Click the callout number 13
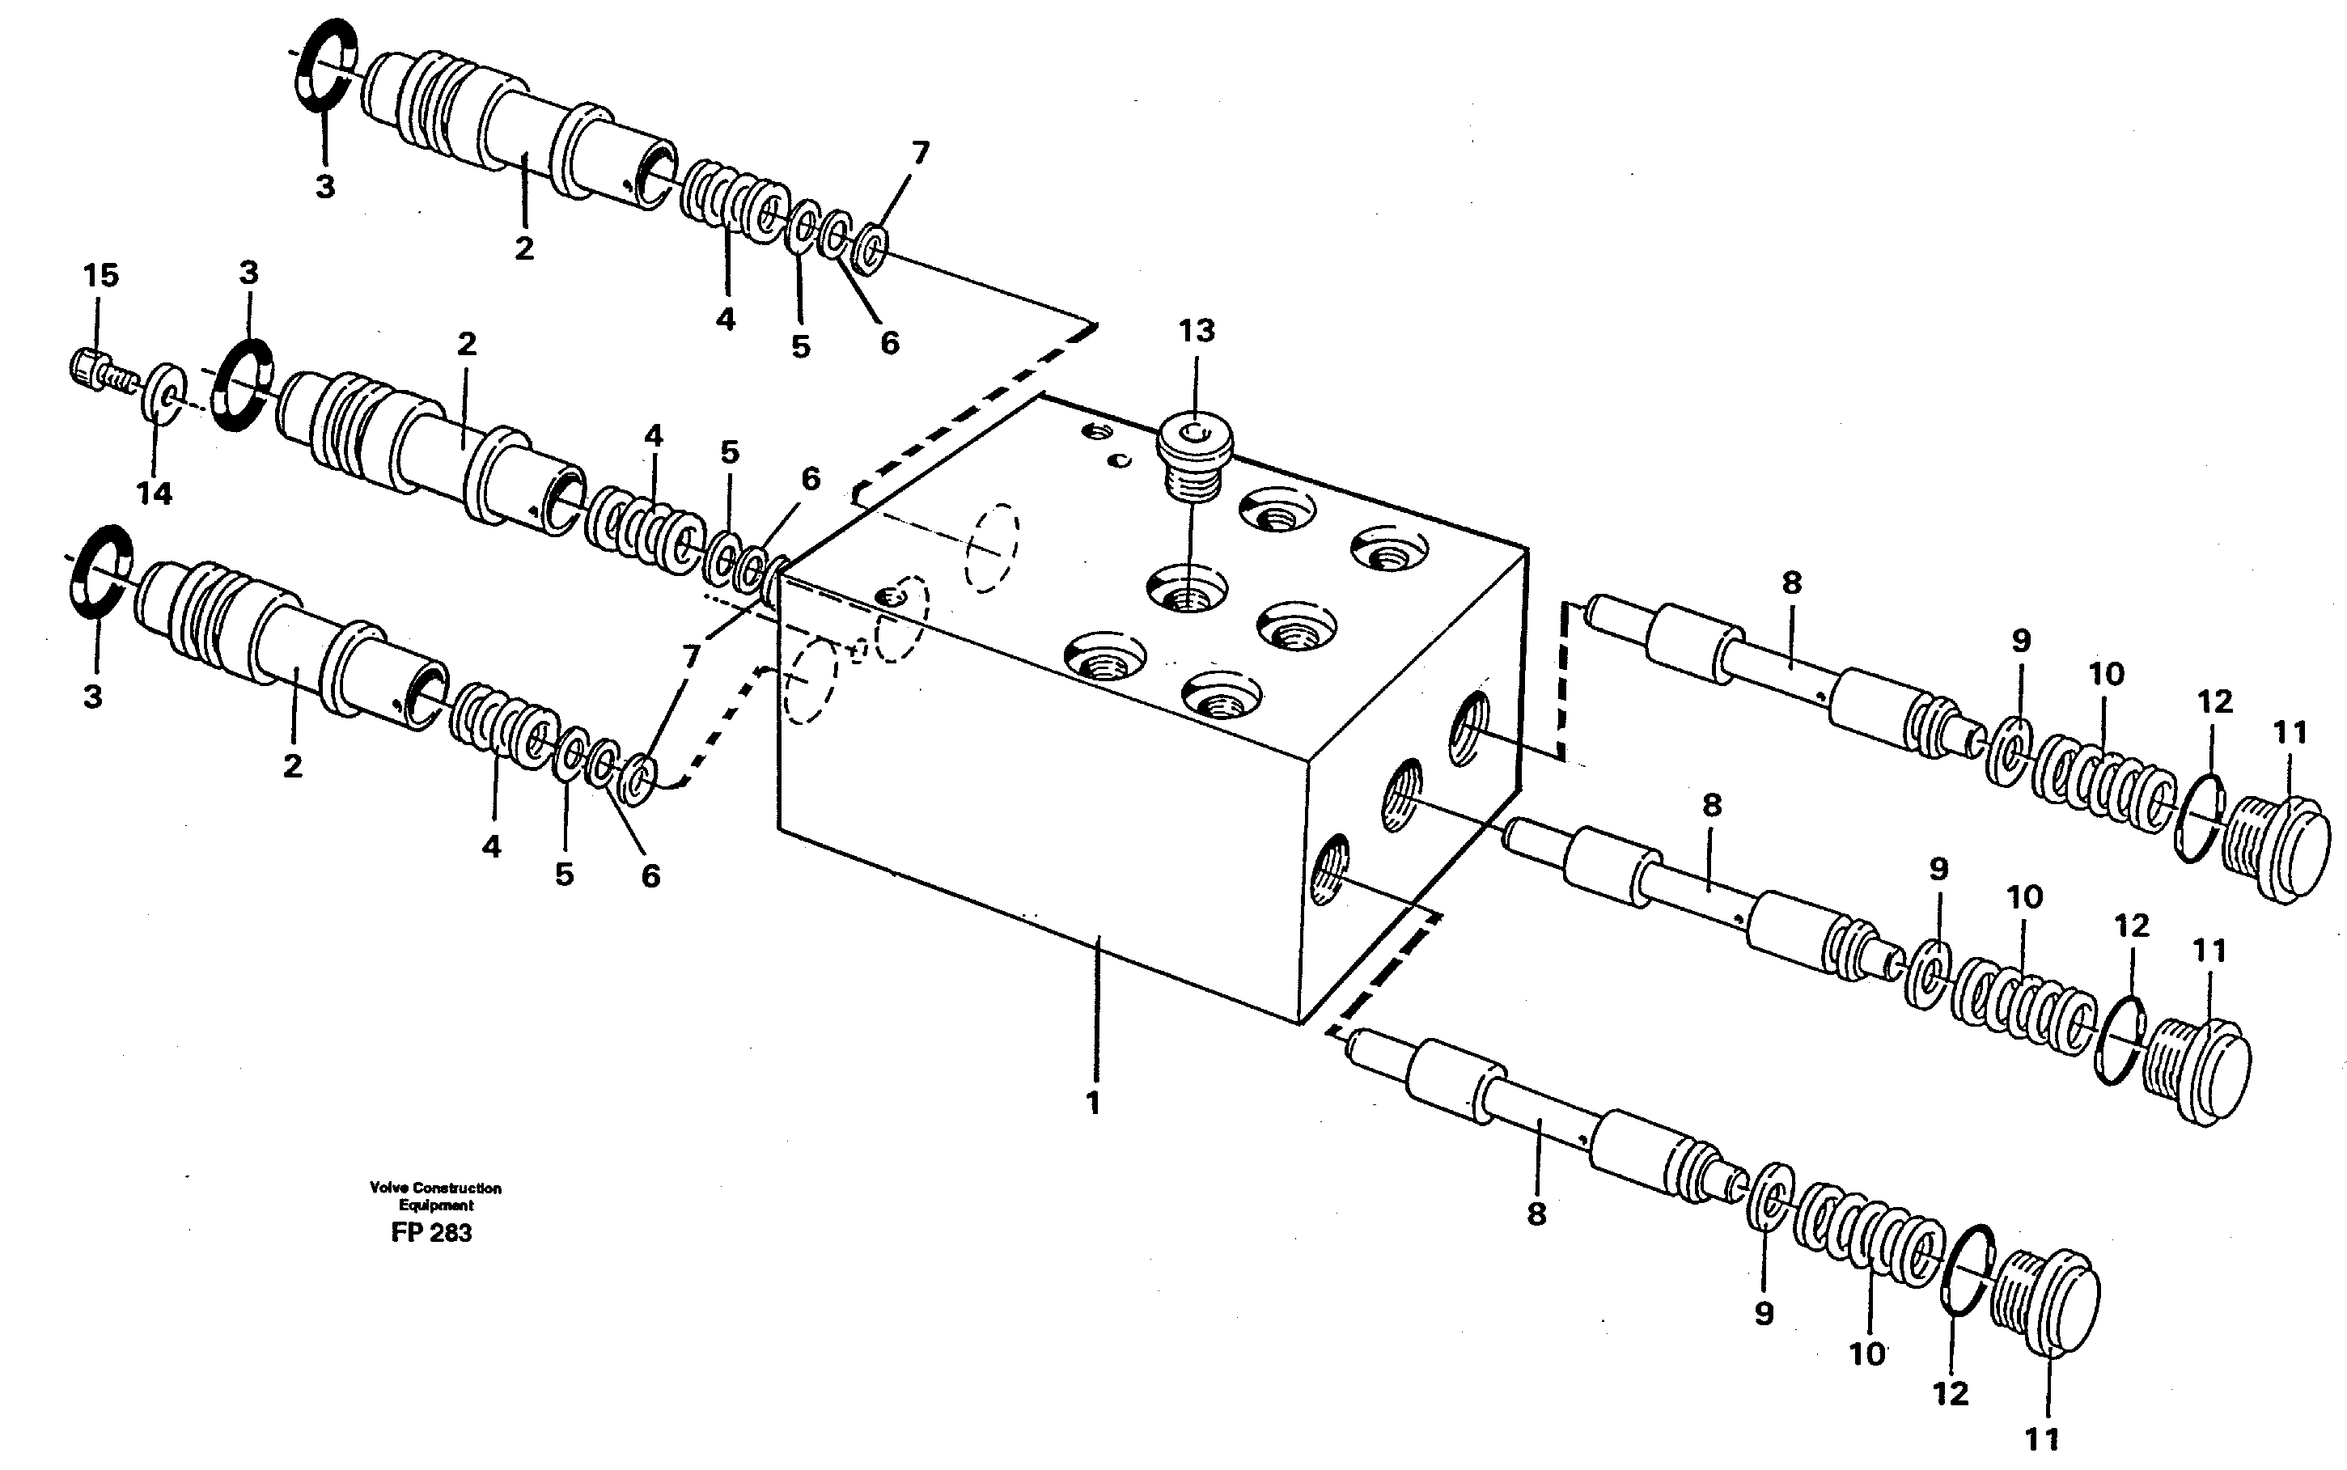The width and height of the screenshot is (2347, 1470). coord(1196,332)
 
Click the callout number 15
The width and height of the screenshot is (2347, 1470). coord(100,275)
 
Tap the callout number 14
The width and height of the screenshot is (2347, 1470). coord(154,494)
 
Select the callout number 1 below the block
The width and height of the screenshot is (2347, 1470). coord(1093,1104)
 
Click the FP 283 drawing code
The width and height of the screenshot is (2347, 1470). coord(430,1233)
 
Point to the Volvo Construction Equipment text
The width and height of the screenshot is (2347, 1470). coord(434,1196)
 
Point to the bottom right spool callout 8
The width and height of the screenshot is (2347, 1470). coord(1536,1214)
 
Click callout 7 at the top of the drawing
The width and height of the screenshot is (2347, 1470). coord(920,154)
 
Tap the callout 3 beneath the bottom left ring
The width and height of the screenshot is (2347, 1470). coord(92,697)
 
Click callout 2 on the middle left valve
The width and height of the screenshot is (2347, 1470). coord(467,344)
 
